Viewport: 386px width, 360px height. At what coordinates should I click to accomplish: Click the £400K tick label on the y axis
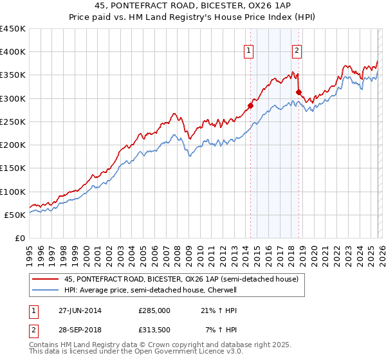[14, 52]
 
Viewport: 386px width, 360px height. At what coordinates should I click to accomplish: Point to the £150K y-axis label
[14, 168]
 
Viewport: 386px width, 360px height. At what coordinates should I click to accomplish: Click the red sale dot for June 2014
[250, 105]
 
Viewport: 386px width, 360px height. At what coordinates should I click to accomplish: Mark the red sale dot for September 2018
[299, 93]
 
